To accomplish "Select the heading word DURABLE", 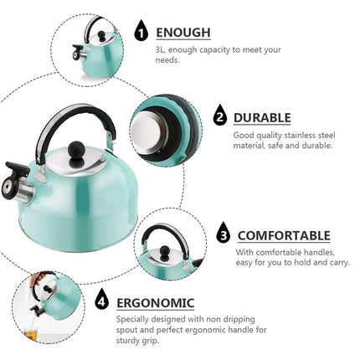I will click(262, 118).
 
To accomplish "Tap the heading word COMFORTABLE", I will click(283, 236).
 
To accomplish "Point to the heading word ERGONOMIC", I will click(155, 302).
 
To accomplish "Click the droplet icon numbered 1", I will click(141, 32).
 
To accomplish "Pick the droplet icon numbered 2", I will click(220, 117).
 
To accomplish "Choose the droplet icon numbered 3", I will click(224, 235).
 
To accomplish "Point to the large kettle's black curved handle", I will click(76, 117).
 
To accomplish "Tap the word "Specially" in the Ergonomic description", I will click(133, 319).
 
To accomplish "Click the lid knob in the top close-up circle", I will click(101, 37).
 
